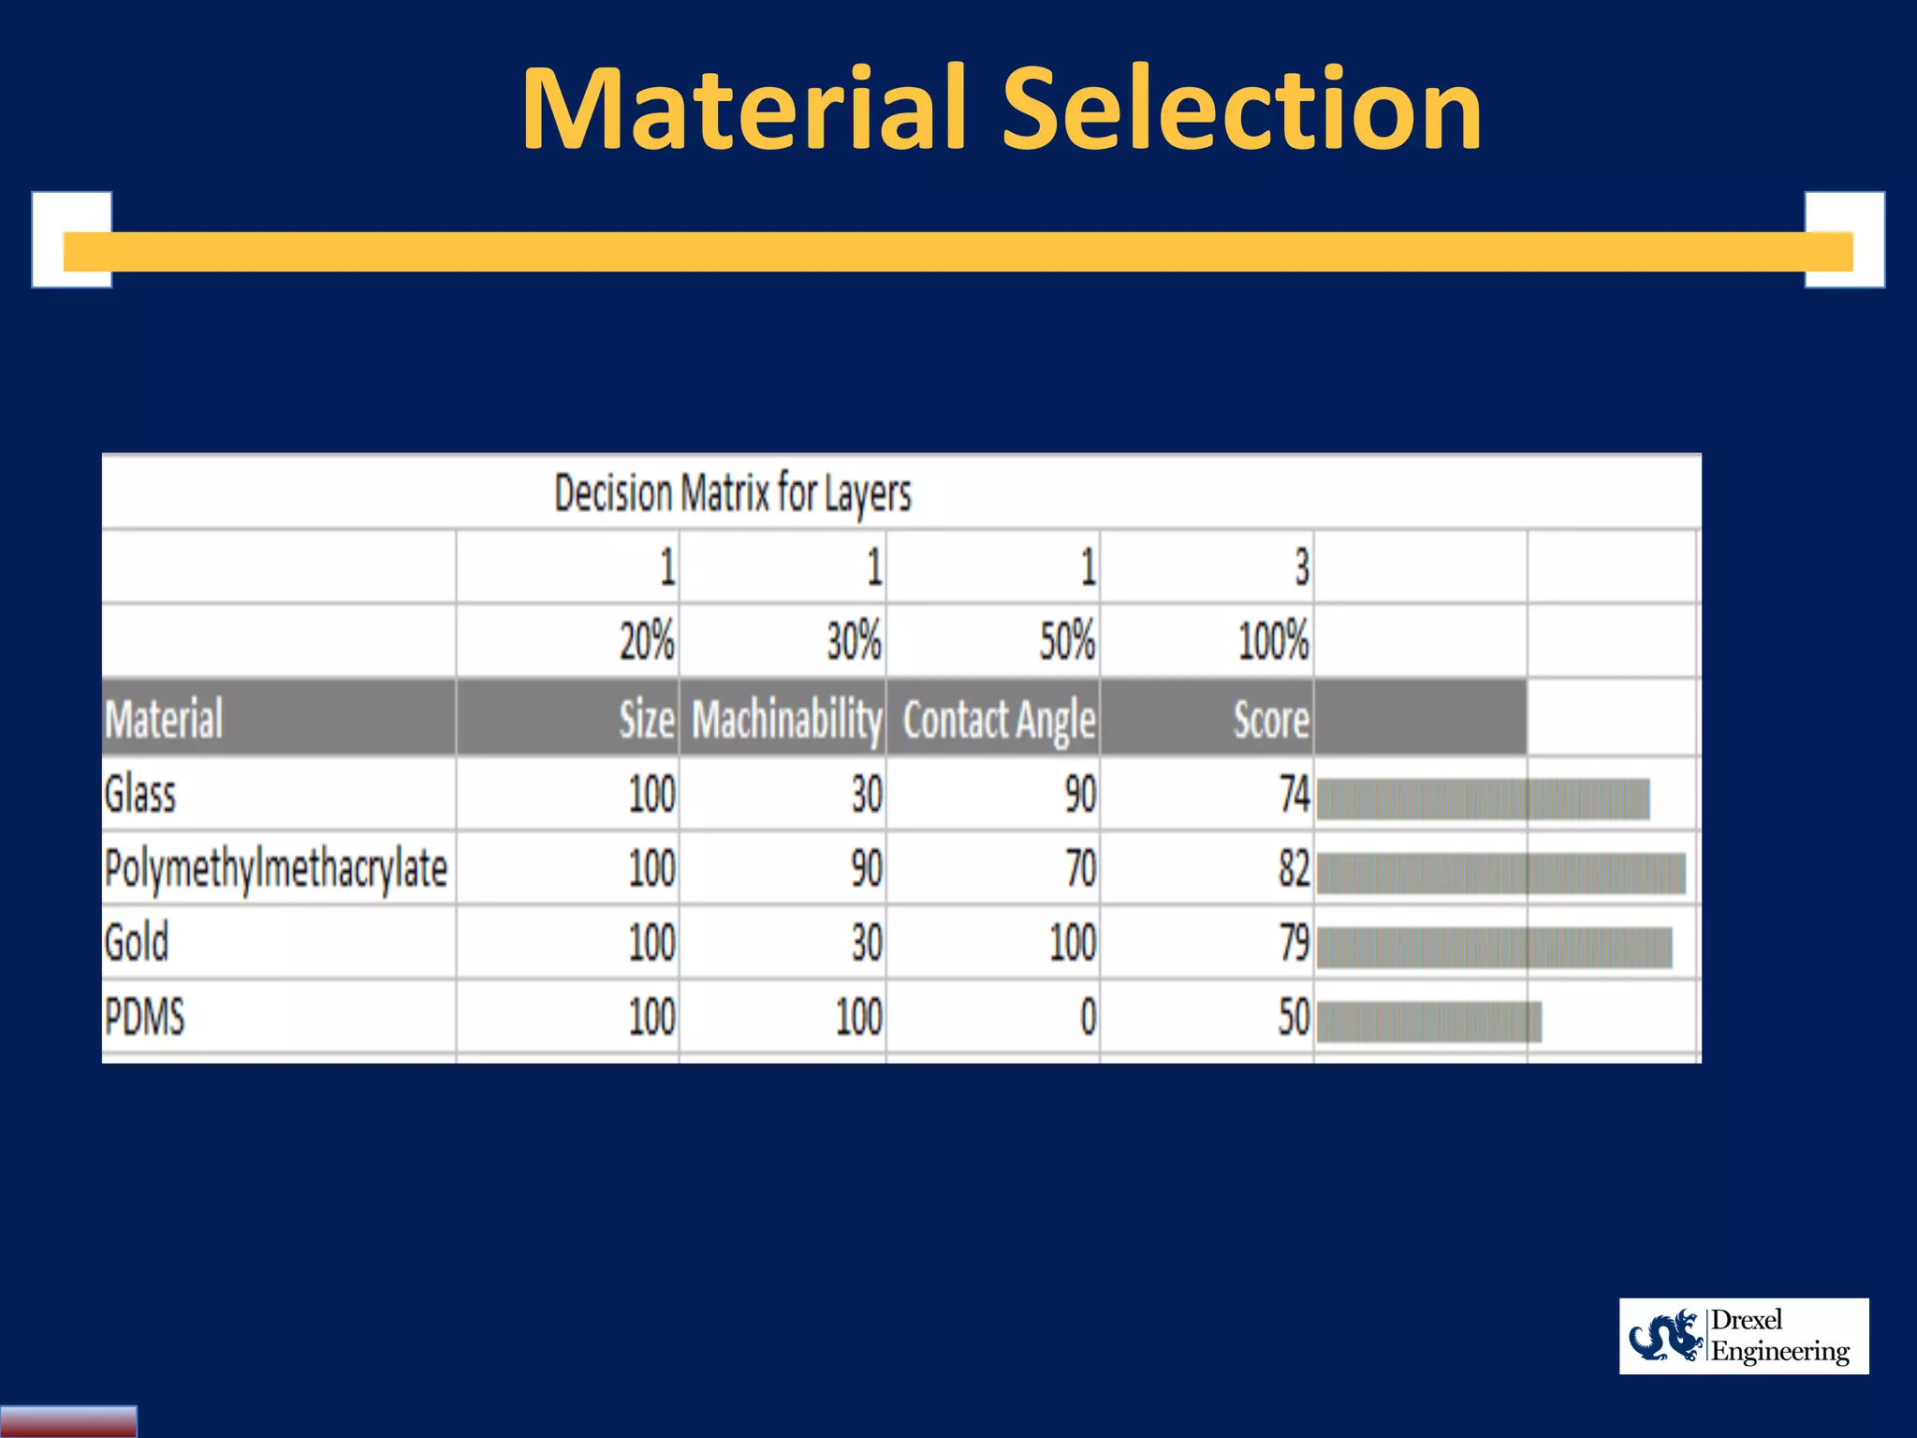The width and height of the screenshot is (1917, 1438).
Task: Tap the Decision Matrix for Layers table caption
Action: coord(732,493)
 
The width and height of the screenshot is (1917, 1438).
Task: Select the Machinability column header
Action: coord(786,720)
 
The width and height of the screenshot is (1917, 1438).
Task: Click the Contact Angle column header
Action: coord(998,720)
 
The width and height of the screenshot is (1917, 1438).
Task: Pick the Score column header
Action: coord(1270,720)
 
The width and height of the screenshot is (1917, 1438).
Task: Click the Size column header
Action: coord(646,720)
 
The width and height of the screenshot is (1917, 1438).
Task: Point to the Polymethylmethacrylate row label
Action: coord(275,869)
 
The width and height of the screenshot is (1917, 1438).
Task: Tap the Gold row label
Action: coord(137,943)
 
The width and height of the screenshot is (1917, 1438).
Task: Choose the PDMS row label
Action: coord(144,1017)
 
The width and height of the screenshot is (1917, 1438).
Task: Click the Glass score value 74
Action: coord(1294,795)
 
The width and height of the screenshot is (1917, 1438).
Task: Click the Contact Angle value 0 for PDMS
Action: coord(1087,1017)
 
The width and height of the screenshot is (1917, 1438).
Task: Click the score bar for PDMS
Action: coord(1428,1021)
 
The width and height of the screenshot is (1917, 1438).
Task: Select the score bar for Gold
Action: coord(1494,947)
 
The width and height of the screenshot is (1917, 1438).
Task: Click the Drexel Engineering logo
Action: coord(1743,1336)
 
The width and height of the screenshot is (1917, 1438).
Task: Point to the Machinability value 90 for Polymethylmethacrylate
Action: coord(866,869)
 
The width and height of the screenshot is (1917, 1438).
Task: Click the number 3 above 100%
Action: coord(1301,567)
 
